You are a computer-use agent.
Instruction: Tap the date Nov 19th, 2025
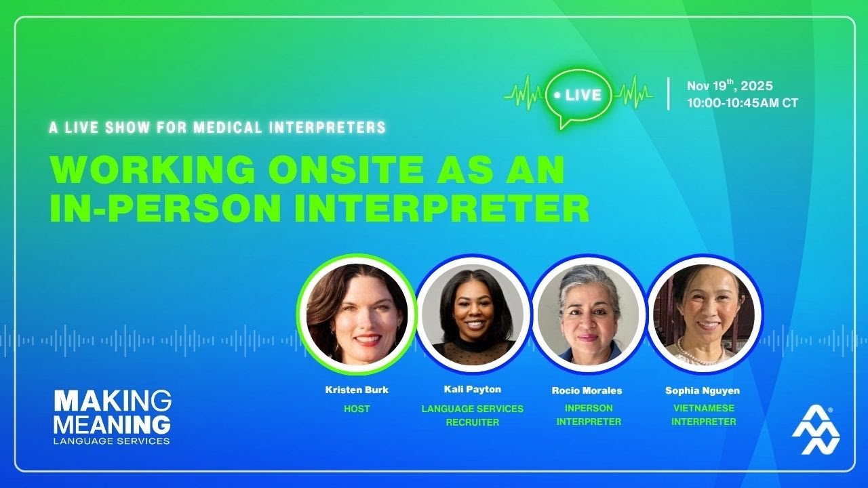pyautogui.click(x=730, y=86)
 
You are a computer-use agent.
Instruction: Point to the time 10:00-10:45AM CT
pyautogui.click(x=742, y=103)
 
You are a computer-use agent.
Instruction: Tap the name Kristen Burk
pyautogui.click(x=357, y=390)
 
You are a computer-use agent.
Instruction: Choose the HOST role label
pyautogui.click(x=357, y=409)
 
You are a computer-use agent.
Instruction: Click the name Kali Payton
pyautogui.click(x=473, y=390)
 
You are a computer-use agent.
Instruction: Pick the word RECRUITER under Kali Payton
pyautogui.click(x=473, y=422)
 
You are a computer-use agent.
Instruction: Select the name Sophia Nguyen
pyautogui.click(x=703, y=390)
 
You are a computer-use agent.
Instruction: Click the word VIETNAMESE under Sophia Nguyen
pyautogui.click(x=703, y=408)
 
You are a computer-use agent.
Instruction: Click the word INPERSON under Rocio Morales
pyautogui.click(x=589, y=408)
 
